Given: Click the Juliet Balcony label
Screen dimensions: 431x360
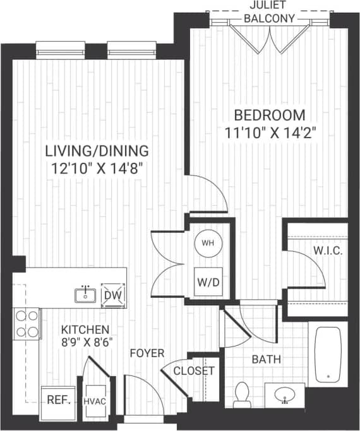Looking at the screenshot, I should click(270, 12).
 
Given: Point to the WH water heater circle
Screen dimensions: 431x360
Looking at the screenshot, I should click(207, 244).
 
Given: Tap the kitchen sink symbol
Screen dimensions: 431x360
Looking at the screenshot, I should click(84, 294).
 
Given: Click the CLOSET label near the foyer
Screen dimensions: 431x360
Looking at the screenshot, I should click(194, 371).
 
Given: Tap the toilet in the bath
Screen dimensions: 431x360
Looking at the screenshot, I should click(241, 394).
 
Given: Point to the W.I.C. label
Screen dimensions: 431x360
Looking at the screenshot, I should click(328, 251).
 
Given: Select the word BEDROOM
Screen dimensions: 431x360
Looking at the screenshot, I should click(270, 115).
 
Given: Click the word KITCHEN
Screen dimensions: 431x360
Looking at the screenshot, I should click(85, 330).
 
